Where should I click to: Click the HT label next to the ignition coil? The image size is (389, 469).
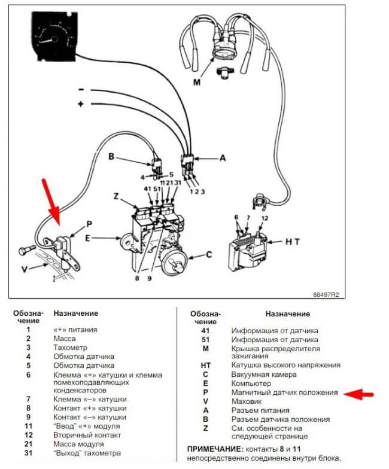(291, 242)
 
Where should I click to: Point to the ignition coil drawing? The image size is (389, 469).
(247, 246)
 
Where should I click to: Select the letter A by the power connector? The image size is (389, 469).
(223, 159)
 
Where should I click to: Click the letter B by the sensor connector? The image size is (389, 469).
(111, 157)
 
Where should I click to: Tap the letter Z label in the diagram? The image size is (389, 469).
(117, 197)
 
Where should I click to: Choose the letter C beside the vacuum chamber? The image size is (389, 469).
(209, 254)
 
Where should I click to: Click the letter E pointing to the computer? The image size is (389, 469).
(89, 238)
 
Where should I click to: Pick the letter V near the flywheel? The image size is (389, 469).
(24, 269)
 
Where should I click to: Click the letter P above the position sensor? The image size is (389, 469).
(89, 224)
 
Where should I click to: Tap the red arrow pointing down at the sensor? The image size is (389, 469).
(53, 202)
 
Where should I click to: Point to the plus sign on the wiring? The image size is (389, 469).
(81, 104)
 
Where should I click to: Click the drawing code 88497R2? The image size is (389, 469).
(326, 295)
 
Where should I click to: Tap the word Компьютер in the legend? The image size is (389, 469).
(251, 383)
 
